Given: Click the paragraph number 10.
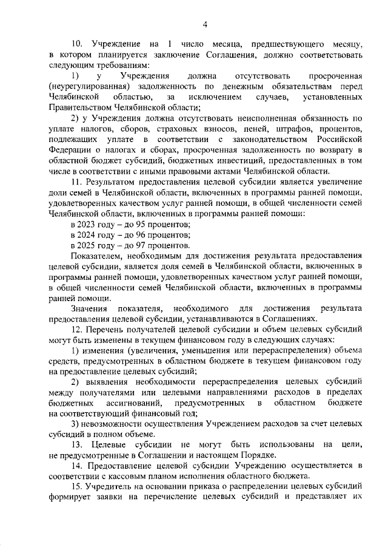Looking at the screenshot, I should coord(76,44).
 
